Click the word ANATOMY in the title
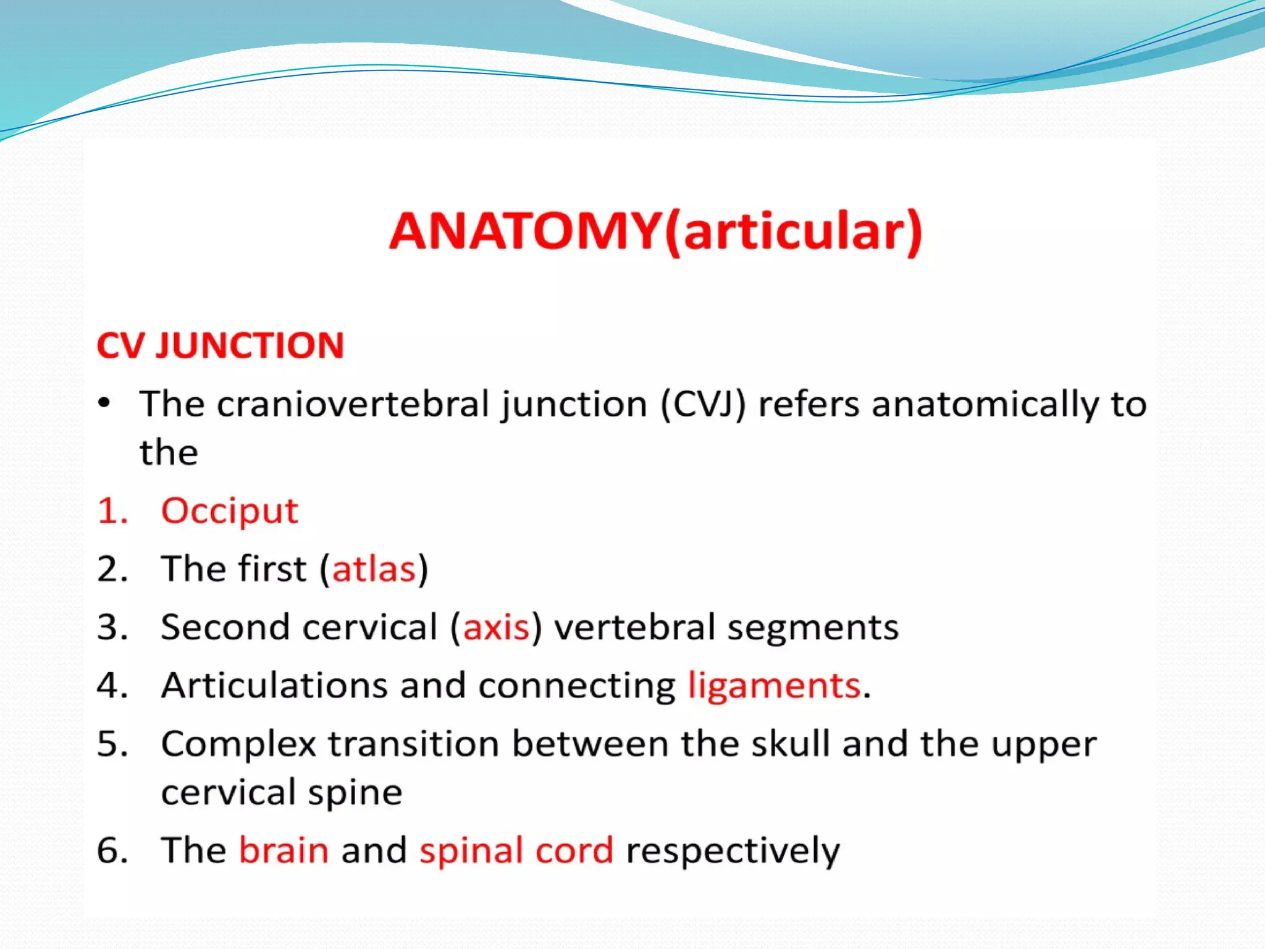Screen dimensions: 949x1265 [525, 232]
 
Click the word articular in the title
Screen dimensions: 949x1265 [794, 232]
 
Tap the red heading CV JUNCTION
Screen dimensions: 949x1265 [221, 345]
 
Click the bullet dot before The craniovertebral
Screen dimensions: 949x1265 [104, 403]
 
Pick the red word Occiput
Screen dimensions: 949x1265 [229, 512]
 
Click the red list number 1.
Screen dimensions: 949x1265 [112, 512]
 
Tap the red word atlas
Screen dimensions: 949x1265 [374, 569]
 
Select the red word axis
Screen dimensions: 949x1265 [496, 628]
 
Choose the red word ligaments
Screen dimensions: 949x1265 [774, 686]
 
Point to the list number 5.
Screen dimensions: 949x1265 [112, 744]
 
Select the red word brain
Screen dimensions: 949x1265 [284, 850]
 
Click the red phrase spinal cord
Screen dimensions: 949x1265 [516, 851]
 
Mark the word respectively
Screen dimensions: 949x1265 [733, 851]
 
